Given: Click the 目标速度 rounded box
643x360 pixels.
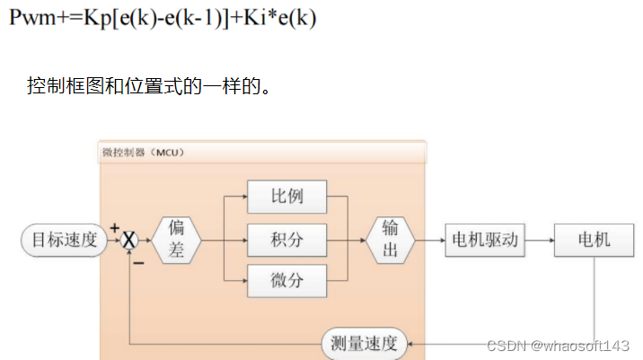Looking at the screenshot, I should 62,240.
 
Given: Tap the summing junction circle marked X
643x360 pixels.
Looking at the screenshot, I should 130,241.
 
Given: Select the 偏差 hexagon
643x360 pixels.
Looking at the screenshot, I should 176,241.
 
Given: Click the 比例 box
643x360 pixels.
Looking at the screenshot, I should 286,196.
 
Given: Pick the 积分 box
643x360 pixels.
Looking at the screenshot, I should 286,240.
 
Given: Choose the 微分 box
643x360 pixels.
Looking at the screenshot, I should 286,282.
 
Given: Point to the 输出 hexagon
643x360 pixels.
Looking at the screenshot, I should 390,240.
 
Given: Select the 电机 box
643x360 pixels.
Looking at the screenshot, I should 594,240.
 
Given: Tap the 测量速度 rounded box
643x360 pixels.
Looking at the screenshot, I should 365,342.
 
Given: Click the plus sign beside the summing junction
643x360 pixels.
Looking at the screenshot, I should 115,228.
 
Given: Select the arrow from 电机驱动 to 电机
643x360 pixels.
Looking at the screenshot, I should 539,240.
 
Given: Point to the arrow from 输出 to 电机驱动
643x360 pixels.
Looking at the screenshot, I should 429,240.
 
